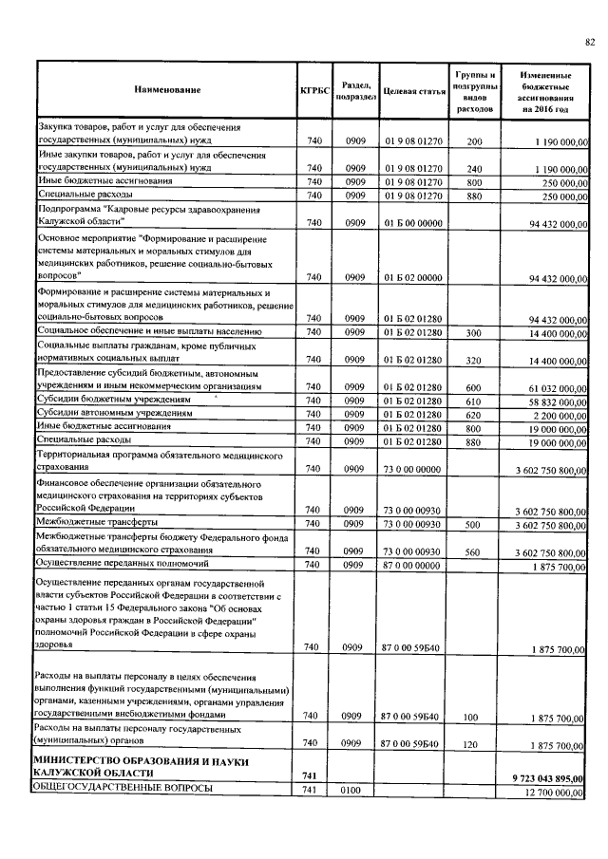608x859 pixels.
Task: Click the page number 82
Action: [589, 40]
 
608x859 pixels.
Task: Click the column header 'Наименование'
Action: [167, 89]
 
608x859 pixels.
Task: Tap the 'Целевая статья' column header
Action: [413, 89]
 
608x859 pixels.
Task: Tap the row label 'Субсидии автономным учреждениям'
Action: [111, 415]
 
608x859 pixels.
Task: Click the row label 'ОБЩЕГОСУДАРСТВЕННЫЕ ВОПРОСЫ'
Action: [122, 791]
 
